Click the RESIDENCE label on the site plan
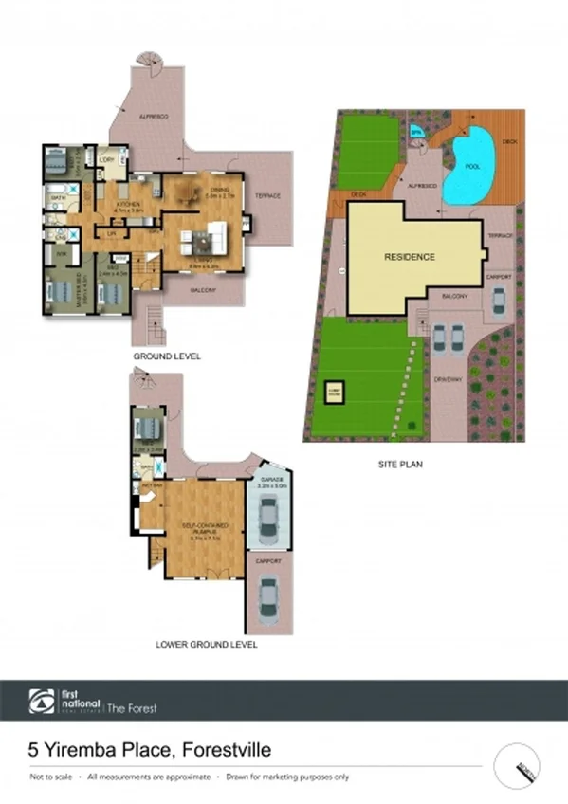tap(410, 257)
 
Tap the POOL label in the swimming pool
tap(472, 167)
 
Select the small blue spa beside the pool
tap(417, 132)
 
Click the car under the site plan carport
tap(499, 301)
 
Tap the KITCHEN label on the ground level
tap(128, 205)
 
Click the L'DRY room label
tap(107, 160)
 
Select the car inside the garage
tap(268, 519)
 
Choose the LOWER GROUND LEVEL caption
tap(206, 644)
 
